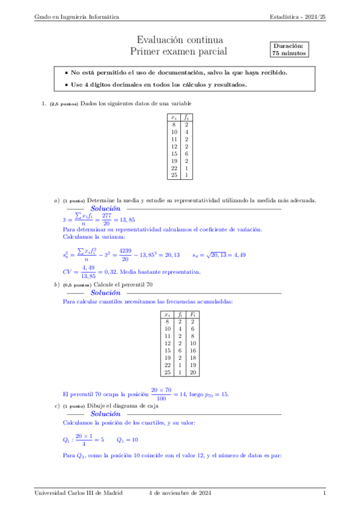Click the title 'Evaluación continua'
180,40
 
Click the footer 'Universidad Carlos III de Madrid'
78,493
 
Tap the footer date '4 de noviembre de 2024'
180,493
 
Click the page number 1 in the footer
324,493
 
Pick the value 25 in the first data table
174,175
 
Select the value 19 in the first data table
174,161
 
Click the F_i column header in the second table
192,314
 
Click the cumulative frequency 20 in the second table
192,372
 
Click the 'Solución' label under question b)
106,292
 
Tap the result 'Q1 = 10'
127,440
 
